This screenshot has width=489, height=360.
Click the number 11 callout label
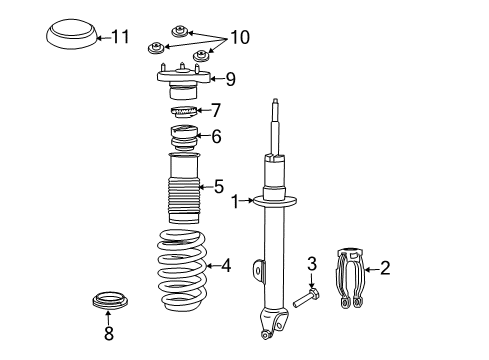120,38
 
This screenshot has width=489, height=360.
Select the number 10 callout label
240,38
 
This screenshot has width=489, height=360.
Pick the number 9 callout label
229,78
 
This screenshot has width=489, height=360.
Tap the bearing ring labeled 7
182,111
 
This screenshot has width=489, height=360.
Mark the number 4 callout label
226,265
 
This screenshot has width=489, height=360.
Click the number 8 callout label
108,334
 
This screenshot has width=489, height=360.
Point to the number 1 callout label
234,202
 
